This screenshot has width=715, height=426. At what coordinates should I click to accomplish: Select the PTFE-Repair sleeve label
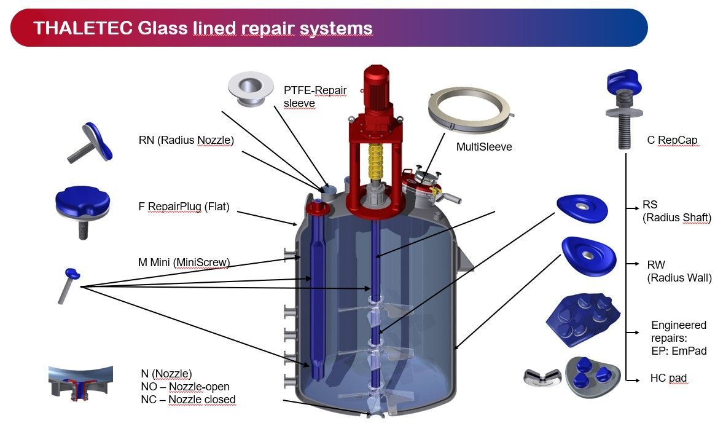315,97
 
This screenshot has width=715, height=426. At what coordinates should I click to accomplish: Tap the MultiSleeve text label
483,147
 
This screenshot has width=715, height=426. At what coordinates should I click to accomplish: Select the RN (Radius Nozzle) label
186,140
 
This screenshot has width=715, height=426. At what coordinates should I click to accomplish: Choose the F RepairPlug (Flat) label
184,207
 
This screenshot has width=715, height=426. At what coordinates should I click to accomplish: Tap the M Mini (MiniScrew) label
184,262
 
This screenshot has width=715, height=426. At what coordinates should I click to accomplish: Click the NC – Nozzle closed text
188,400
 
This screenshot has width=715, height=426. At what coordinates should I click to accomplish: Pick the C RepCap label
672,140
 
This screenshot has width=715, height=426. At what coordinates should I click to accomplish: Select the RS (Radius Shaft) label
676,211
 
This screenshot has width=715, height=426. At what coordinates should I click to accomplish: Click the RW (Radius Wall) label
673,271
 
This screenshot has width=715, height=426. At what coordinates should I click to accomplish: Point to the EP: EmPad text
679,351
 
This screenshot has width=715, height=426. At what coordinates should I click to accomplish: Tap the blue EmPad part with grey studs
577,321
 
